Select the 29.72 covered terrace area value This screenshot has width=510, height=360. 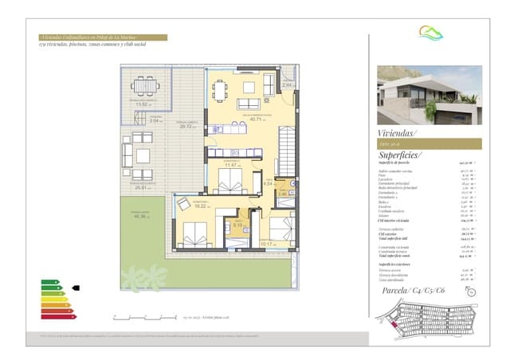pos(187,126)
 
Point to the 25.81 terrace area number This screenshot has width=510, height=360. pos(143,188)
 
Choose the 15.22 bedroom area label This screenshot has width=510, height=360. pos(200,205)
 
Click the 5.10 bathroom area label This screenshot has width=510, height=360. pos(237,225)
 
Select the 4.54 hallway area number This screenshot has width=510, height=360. pos(268,184)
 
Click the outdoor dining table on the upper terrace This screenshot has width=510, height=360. pos(145,85)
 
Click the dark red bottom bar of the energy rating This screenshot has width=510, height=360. pos(53,316)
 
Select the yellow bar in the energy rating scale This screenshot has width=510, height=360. pos(50,299)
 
